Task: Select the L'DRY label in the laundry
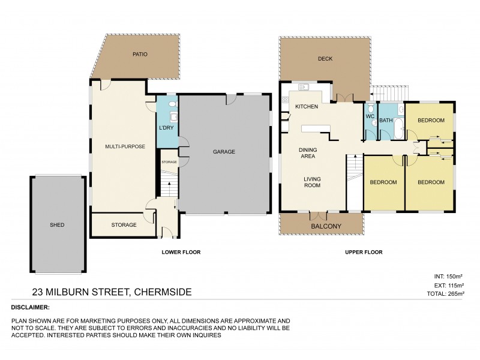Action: point(166,129)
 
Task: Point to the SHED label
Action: point(57,225)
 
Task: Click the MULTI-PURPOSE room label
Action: point(125,146)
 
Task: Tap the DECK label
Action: point(325,59)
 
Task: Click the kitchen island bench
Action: point(316,128)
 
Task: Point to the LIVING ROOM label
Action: point(311,182)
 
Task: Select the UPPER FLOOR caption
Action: point(364,253)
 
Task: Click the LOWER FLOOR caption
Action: point(181,253)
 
